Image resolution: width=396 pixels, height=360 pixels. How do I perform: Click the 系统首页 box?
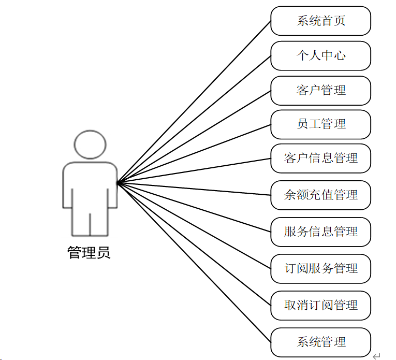click(x=320, y=21)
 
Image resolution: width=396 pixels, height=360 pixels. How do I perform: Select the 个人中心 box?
click(x=320, y=55)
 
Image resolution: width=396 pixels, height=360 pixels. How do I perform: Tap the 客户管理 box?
click(x=320, y=90)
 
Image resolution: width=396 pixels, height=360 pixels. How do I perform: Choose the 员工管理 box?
click(x=320, y=124)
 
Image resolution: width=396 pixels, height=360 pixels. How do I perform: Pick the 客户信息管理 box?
click(x=320, y=158)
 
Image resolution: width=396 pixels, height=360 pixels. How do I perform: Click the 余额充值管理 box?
click(x=320, y=195)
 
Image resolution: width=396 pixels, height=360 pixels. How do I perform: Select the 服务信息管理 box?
click(x=320, y=232)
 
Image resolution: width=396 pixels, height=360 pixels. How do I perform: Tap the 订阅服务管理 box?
click(x=320, y=268)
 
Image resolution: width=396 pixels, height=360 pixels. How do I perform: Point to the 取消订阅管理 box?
click(x=320, y=305)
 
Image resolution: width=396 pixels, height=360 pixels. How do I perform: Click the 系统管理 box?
click(x=320, y=342)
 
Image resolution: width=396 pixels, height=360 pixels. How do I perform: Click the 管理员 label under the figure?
click(x=89, y=253)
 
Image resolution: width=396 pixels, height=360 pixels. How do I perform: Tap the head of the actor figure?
click(x=90, y=144)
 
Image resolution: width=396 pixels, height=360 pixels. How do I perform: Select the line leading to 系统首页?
click(x=194, y=102)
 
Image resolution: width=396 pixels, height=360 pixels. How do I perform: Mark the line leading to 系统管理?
click(x=194, y=263)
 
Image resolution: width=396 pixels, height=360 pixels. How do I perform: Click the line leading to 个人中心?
click(x=194, y=119)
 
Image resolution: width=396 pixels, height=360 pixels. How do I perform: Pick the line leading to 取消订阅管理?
click(x=194, y=244)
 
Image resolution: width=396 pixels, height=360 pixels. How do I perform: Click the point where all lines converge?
click(x=118, y=182)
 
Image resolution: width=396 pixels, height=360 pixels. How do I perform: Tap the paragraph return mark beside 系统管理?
click(x=376, y=355)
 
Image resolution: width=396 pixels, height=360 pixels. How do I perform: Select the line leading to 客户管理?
click(x=194, y=137)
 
